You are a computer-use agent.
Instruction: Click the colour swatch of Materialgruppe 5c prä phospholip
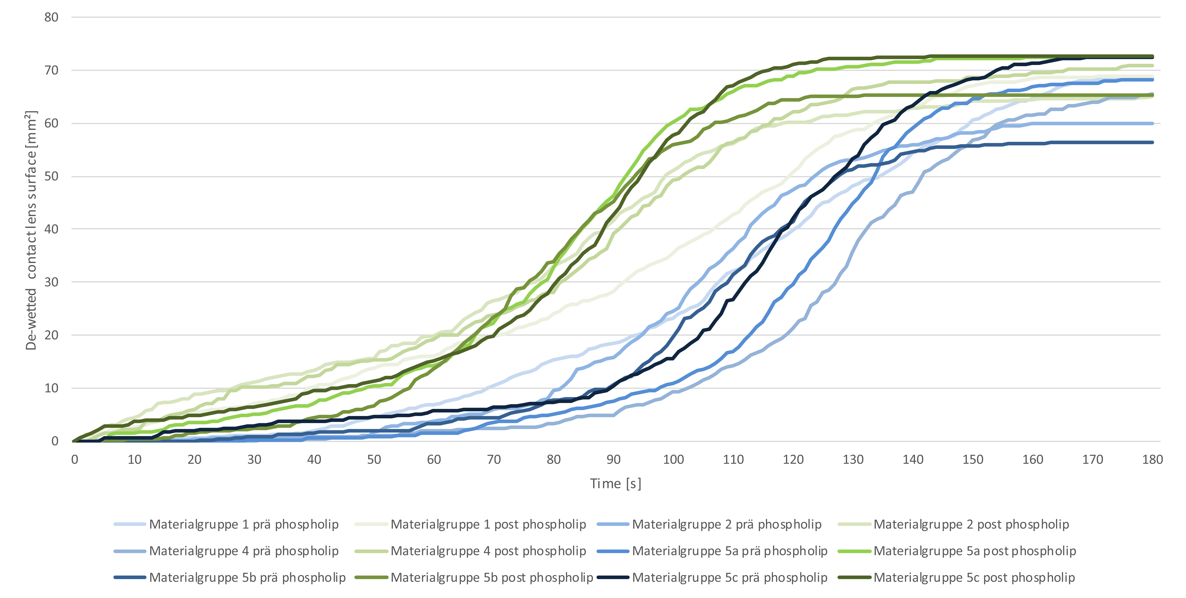613,577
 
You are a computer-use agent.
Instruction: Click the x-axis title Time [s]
616,483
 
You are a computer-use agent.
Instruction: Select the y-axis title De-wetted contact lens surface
31,230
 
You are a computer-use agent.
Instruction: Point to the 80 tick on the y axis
51,17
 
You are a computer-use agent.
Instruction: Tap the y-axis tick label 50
51,177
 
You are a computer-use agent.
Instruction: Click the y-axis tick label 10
51,388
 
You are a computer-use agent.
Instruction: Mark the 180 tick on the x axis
1152,459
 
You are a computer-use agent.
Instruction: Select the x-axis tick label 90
613,459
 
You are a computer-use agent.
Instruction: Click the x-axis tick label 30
254,459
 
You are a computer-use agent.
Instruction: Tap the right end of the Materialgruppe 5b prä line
1152,142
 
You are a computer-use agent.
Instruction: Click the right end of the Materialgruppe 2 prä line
1152,123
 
